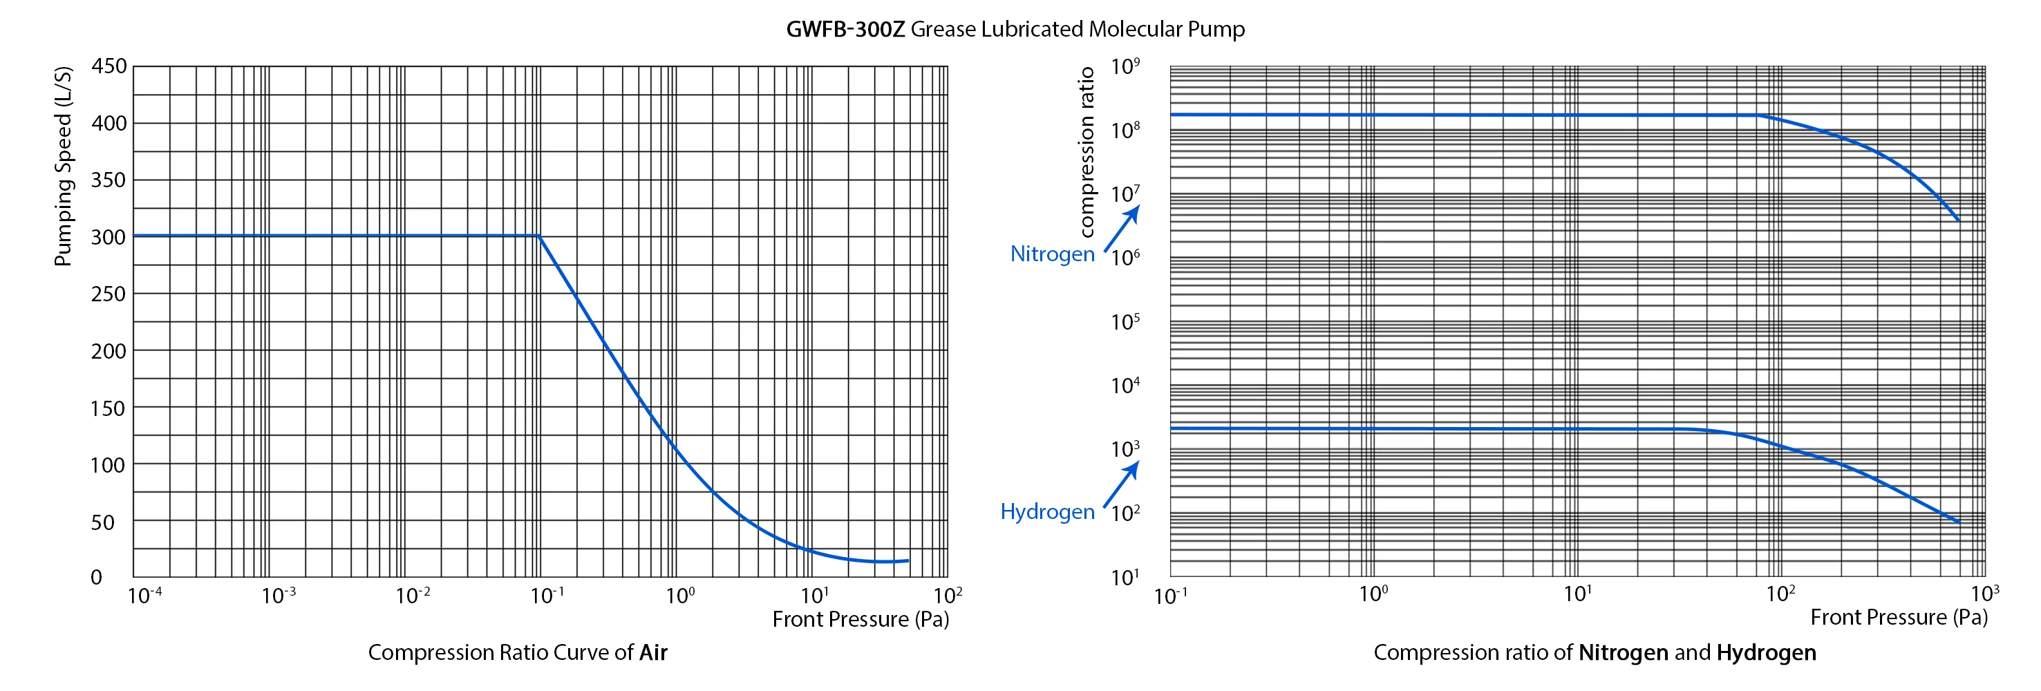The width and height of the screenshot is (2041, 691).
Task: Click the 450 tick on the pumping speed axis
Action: [x=109, y=66]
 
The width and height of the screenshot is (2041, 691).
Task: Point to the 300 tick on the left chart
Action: [x=109, y=237]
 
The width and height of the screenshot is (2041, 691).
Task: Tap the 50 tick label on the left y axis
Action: [x=103, y=522]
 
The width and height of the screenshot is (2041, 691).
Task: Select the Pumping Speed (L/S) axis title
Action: [x=63, y=167]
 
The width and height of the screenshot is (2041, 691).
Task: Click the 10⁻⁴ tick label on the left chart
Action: [x=144, y=594]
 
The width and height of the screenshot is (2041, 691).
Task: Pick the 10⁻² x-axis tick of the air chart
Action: [x=413, y=594]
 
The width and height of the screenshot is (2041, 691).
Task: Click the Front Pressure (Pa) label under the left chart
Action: [x=860, y=619]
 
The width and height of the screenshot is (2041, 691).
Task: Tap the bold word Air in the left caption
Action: [x=653, y=652]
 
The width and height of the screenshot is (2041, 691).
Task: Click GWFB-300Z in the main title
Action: [x=845, y=29]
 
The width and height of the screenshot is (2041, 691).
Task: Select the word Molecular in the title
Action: [x=1135, y=29]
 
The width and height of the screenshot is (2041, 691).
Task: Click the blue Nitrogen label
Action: [x=1052, y=254]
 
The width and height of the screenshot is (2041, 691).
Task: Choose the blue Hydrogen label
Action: [x=1047, y=511]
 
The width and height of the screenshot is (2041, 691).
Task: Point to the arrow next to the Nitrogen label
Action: [x=1122, y=228]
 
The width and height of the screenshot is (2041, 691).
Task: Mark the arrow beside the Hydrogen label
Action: [x=1122, y=484]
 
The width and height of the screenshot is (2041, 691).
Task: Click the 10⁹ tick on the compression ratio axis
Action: [x=1125, y=66]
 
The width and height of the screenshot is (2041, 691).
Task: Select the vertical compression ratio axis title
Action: [x=1087, y=152]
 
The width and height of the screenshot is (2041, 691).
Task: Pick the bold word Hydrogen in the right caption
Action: [x=1766, y=652]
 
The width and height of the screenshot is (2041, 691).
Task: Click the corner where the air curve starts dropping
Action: [x=539, y=236]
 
